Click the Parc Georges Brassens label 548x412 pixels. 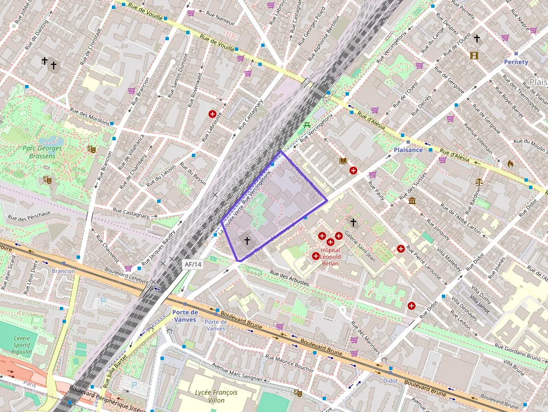point(42,152)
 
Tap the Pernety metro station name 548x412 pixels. point(516,62)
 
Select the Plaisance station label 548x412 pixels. point(408,150)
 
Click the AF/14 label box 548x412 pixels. point(192,264)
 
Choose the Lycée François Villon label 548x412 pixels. point(216,396)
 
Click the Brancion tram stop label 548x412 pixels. point(63,271)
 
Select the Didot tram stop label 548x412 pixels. point(390,381)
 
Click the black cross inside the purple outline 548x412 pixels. point(247,240)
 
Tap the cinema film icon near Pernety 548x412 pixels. point(474,55)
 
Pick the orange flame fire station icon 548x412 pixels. point(510,164)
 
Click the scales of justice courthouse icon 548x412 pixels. point(479,182)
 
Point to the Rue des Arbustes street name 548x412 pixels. point(289,278)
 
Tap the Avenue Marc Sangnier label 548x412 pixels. point(238,371)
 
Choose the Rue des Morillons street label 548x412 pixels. point(88,113)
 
